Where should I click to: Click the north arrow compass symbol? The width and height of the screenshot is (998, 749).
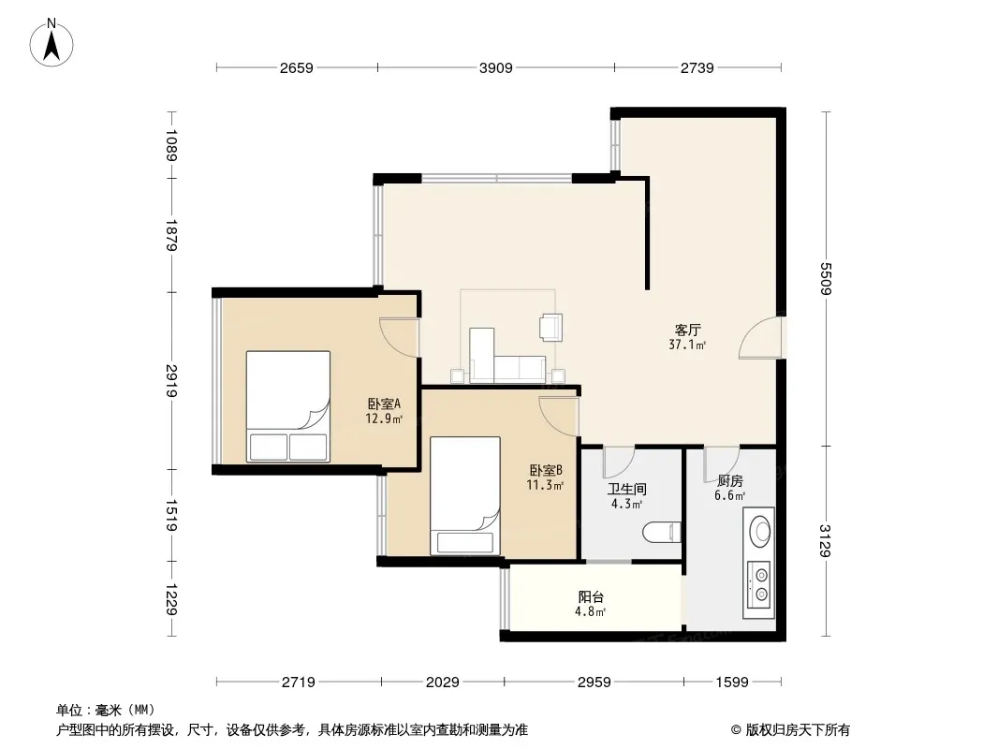coord(51,43)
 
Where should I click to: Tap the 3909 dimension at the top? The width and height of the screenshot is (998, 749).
coord(496,67)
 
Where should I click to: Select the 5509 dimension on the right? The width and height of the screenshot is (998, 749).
coord(826,279)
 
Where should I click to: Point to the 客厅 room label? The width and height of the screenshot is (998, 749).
coord(687,330)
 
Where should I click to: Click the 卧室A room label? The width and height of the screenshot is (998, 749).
coord(384,404)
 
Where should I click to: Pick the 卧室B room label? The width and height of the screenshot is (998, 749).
coord(546,471)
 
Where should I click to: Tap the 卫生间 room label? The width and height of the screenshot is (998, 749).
coord(627,490)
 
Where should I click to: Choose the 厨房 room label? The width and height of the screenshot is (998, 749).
coord(729,481)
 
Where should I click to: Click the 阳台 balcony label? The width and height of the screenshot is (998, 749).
coord(591,597)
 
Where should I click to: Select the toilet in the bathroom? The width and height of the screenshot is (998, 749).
coord(662,532)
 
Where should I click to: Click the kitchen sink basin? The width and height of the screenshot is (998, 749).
coord(759,531)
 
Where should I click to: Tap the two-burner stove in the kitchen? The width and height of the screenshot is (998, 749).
coord(759,585)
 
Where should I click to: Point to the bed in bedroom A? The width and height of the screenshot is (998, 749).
coord(288,406)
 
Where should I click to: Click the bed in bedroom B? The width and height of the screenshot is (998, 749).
coord(464,495)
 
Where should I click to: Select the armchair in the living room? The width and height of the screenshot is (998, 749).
coord(550,327)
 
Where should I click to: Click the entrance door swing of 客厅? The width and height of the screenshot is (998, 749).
coord(760,337)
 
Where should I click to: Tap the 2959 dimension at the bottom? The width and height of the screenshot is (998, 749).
coord(594,683)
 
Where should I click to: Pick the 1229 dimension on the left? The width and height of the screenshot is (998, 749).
coord(170,599)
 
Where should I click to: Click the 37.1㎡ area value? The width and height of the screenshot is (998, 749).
coord(687,345)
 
